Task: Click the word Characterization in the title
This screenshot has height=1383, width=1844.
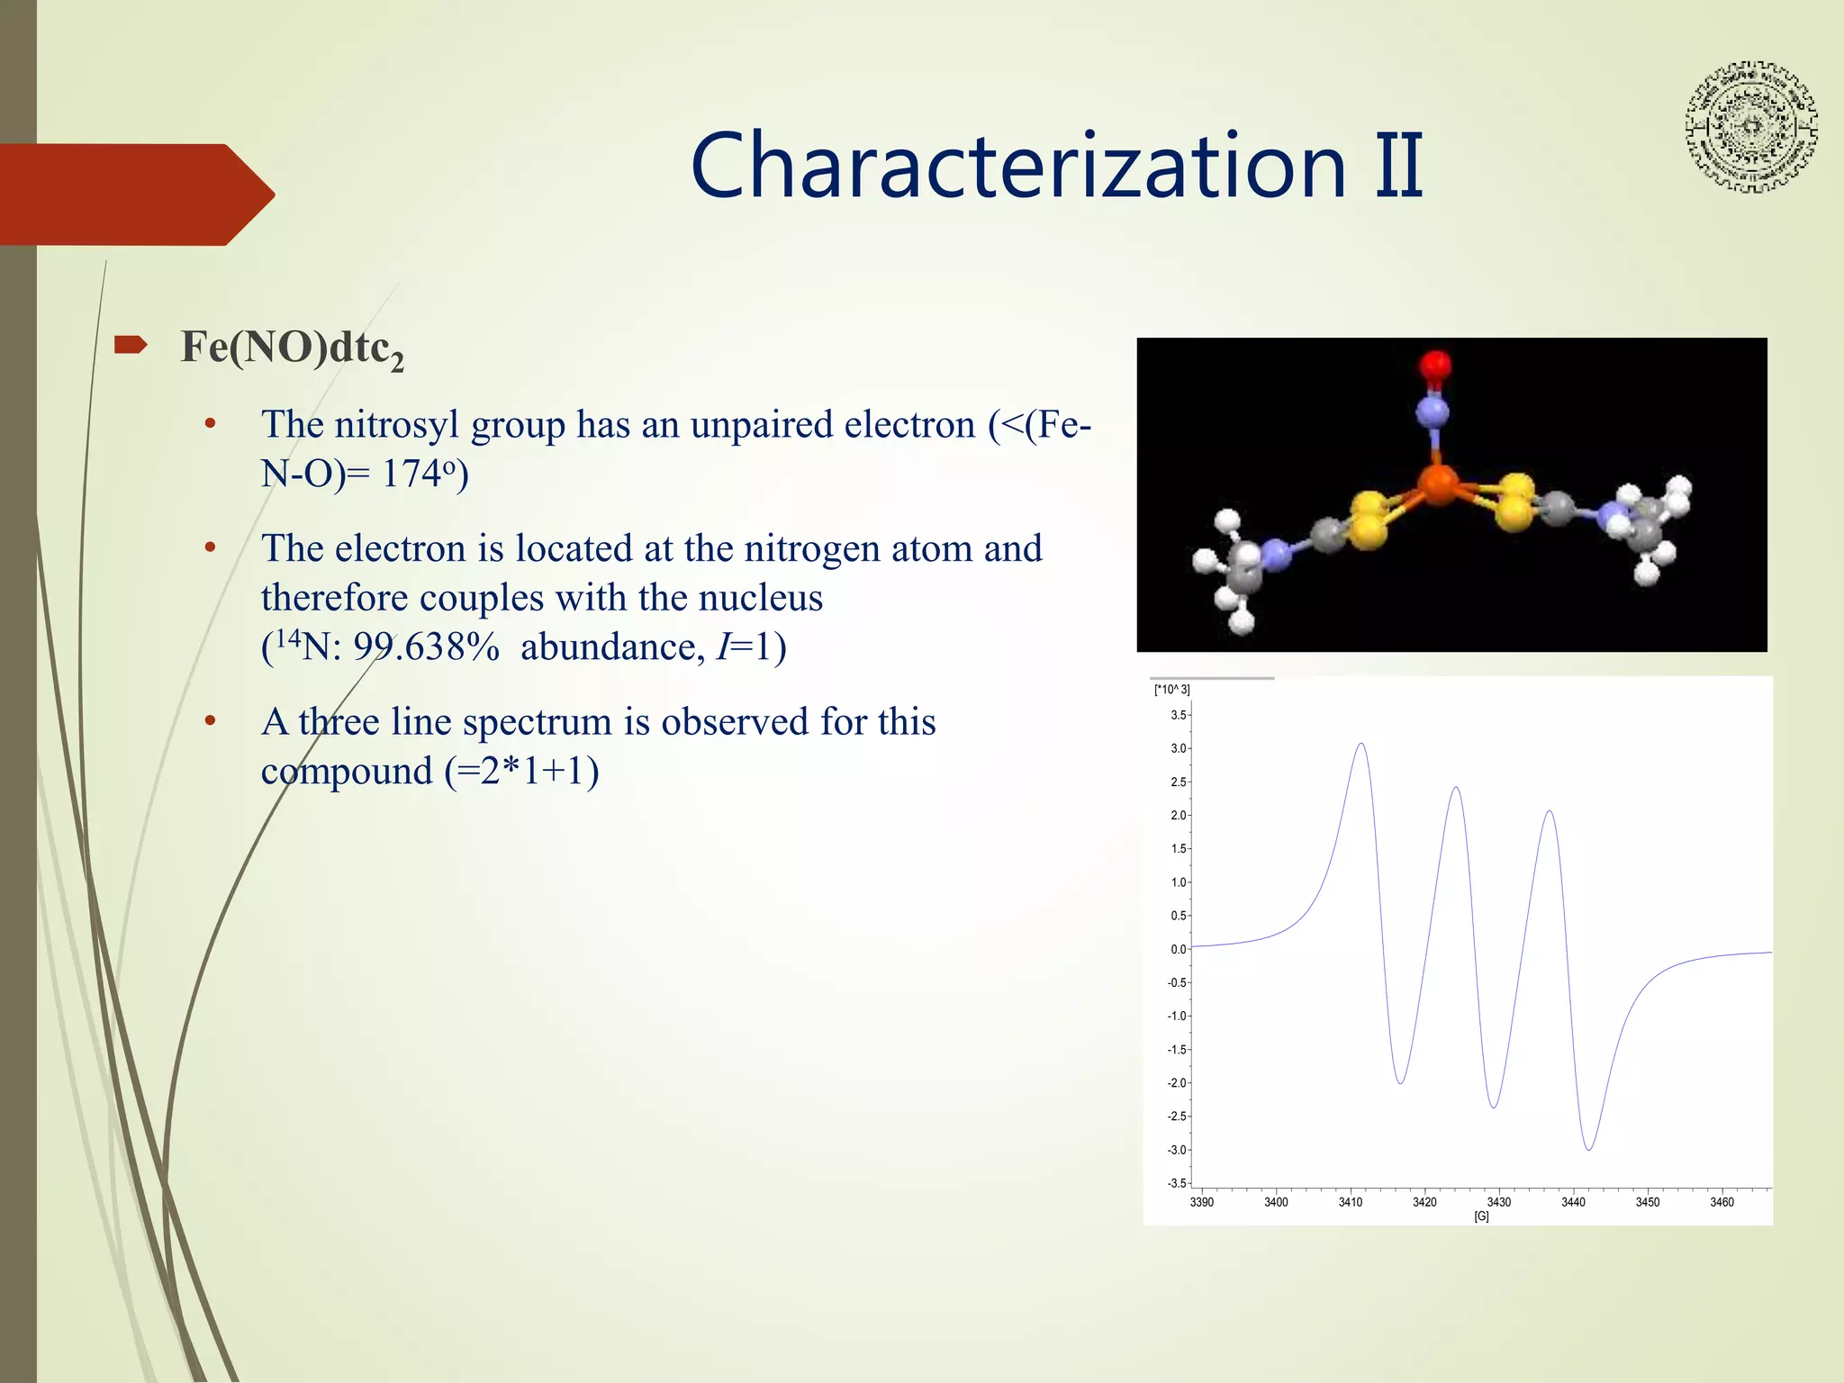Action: point(1017,167)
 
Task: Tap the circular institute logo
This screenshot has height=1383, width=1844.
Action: point(1750,127)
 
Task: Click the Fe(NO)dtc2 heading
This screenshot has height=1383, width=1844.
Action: point(292,348)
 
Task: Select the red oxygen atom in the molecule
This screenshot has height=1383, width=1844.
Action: point(1435,366)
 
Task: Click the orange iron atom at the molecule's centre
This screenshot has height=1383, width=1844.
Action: point(1438,485)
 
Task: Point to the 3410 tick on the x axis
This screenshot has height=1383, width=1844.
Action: point(1350,1202)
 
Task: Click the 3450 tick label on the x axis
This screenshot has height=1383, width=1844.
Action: point(1647,1202)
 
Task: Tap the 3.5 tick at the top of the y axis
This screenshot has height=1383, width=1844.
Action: point(1179,715)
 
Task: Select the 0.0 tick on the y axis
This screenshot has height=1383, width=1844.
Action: point(1179,949)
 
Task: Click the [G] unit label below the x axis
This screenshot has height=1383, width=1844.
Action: point(1481,1216)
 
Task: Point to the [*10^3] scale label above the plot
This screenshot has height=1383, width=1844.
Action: point(1171,690)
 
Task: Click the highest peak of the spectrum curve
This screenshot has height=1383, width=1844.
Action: point(1360,744)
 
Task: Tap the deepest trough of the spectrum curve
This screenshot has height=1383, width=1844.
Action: point(1589,1149)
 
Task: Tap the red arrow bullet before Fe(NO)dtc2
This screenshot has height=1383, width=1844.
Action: point(131,345)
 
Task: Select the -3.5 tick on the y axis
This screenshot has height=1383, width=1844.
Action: point(1177,1183)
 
